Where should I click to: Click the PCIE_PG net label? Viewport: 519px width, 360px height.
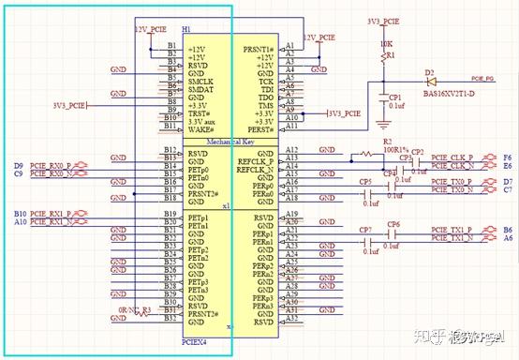(483, 79)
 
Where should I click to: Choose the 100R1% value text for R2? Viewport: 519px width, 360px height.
(393, 150)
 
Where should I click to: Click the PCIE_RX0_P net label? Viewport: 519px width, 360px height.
(51, 165)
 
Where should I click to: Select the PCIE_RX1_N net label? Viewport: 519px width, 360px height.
(51, 222)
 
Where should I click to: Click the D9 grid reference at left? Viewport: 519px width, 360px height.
(19, 165)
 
